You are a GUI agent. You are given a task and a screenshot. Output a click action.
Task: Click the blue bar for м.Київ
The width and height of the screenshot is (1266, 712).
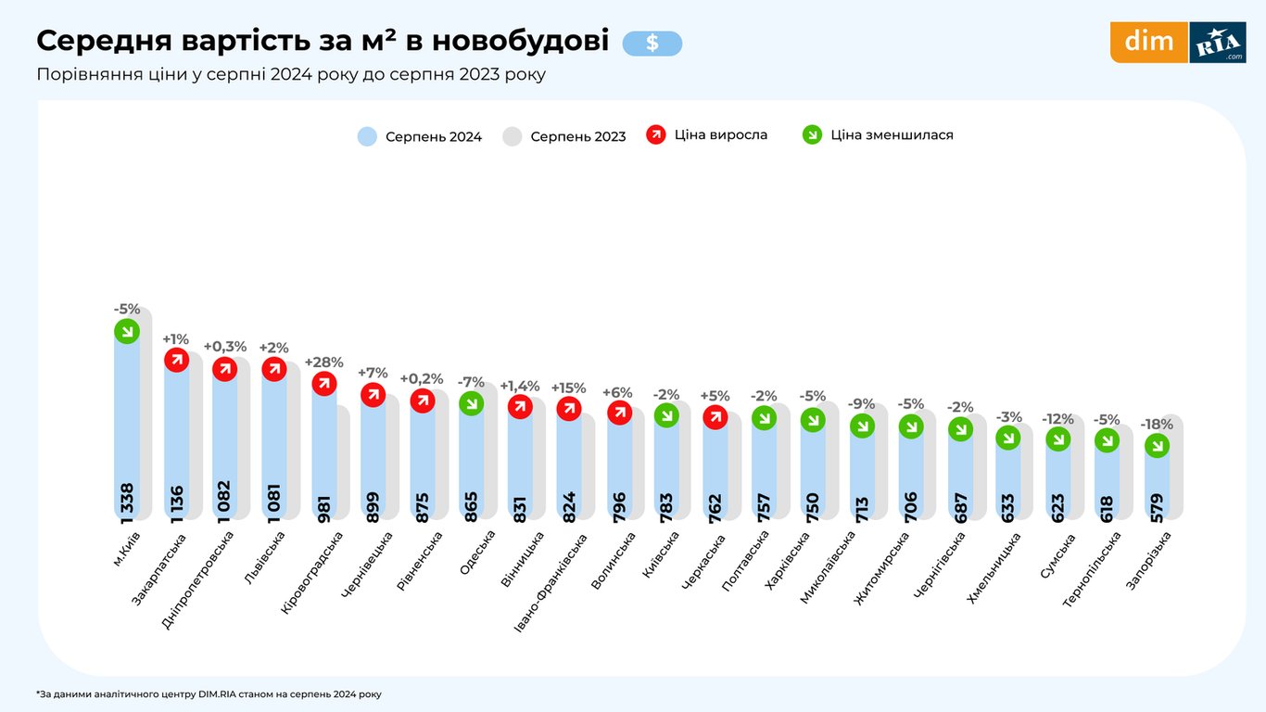(x=127, y=417)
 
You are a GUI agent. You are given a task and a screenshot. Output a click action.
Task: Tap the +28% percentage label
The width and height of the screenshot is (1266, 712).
(x=324, y=362)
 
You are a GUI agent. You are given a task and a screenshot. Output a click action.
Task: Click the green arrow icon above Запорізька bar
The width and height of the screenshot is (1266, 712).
(x=1157, y=446)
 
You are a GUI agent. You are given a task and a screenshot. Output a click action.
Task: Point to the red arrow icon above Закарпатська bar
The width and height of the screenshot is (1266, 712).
(x=176, y=361)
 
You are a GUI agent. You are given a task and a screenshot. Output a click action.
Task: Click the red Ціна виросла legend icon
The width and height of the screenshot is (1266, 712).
(x=656, y=134)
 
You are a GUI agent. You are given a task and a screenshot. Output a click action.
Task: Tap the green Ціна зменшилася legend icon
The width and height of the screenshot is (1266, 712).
(x=812, y=134)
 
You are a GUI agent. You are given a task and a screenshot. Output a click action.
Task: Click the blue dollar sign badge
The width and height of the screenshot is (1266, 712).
(x=652, y=43)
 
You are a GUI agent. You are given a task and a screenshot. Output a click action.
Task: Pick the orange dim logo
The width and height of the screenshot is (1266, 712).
(x=1148, y=42)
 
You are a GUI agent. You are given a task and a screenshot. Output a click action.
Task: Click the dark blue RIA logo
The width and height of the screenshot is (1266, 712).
(x=1217, y=43)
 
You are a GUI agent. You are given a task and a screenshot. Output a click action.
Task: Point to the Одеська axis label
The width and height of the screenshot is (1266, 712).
(x=476, y=553)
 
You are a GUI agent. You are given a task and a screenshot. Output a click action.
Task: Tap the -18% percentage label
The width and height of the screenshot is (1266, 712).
(x=1157, y=425)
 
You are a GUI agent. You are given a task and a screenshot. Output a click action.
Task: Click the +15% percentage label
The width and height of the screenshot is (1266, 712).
(x=569, y=388)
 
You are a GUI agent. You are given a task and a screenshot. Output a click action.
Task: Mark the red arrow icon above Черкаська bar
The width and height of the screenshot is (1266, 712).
(x=715, y=417)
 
